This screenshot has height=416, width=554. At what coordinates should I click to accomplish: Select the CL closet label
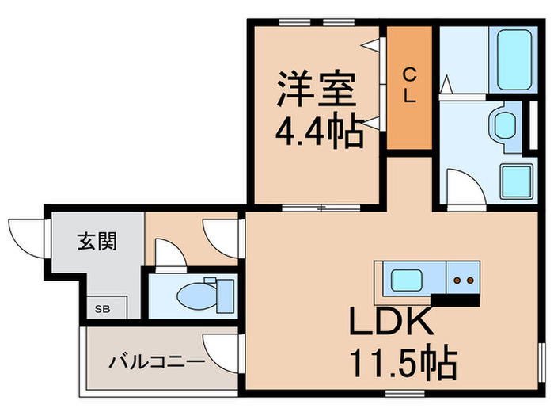(x=409, y=86)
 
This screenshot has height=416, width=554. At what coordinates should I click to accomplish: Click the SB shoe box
(x=103, y=307)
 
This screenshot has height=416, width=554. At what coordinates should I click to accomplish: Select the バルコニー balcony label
(x=157, y=362)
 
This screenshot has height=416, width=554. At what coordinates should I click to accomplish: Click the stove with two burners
(x=462, y=280)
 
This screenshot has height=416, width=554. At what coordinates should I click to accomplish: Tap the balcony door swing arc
(x=222, y=349)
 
